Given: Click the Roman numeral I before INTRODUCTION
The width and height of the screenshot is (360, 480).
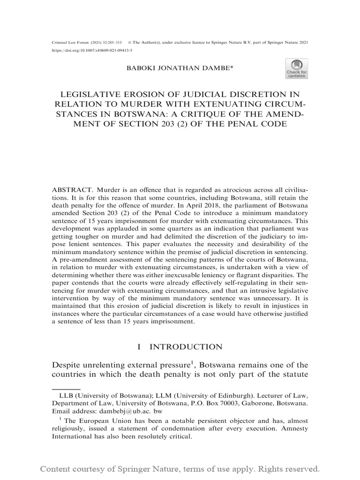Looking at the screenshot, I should [139, 347].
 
